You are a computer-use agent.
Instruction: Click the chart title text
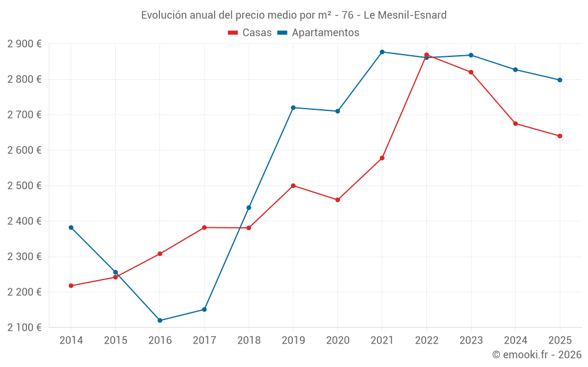pos(293,15)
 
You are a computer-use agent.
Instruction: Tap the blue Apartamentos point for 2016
pos(160,321)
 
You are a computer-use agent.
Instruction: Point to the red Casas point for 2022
pos(426,55)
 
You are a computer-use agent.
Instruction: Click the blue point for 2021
pos(382,52)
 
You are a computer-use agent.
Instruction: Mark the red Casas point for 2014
pos(71,286)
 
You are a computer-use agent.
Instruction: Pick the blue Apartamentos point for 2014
pos(71,227)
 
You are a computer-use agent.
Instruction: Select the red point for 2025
pos(560,136)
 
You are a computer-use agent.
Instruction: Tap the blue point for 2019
pos(293,107)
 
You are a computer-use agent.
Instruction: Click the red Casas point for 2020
pos(338,200)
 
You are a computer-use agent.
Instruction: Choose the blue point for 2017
pos(204,309)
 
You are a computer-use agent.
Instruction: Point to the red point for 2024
pos(516,123)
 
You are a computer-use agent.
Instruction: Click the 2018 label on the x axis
pos(249,340)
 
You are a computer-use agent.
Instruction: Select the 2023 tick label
pos(471,340)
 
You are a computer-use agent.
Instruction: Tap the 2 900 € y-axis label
pos(24,43)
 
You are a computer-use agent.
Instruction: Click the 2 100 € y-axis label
pos(24,327)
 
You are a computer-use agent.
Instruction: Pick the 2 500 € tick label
pos(24,186)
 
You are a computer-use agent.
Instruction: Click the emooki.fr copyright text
pos(537,355)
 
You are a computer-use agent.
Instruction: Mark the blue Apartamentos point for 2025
pos(560,80)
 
